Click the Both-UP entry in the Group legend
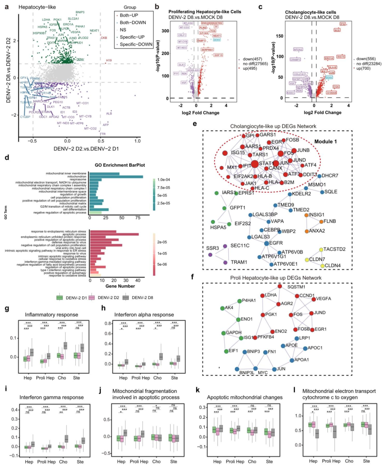(129, 15)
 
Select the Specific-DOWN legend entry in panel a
(136, 44)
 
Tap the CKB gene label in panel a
(104, 38)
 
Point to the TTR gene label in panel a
(103, 134)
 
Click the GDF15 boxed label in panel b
(218, 55)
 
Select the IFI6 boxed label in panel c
(342, 24)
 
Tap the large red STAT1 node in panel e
(255, 164)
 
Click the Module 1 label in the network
(325, 142)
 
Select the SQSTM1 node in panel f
(280, 286)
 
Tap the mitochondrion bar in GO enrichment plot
(116, 176)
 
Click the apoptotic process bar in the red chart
(114, 234)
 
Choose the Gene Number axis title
(120, 286)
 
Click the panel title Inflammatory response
(51, 315)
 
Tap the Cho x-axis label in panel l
(349, 461)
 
